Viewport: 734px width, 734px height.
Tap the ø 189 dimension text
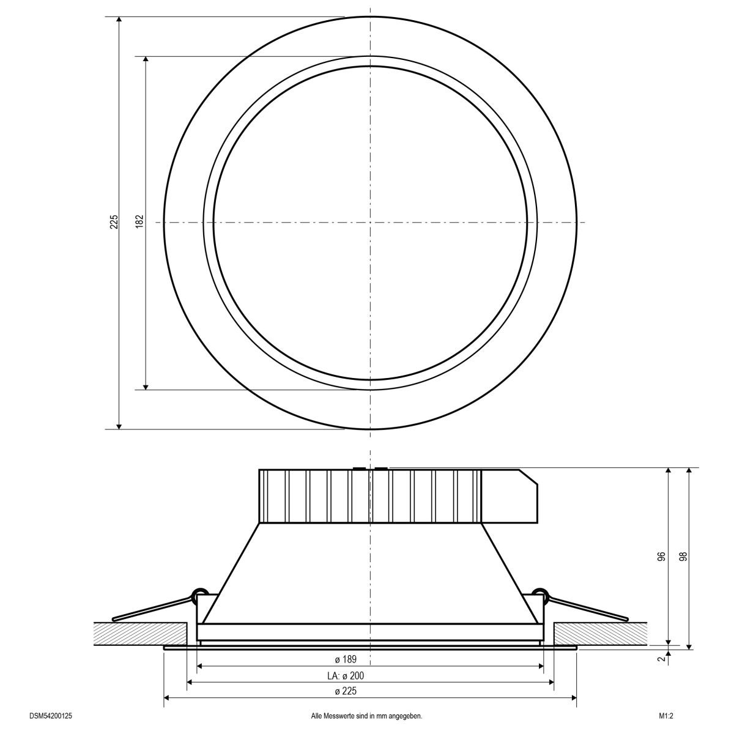346,659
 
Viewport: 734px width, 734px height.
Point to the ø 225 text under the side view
346,691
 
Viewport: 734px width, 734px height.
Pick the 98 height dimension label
683,557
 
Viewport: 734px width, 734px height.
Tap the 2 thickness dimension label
661,659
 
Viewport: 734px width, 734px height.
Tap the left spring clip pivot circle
199,591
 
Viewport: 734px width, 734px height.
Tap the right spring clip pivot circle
539,591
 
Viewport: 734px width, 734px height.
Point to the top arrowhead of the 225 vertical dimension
119,21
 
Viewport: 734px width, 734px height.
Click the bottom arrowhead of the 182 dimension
146,385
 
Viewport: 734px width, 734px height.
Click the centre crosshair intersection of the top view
370,222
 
